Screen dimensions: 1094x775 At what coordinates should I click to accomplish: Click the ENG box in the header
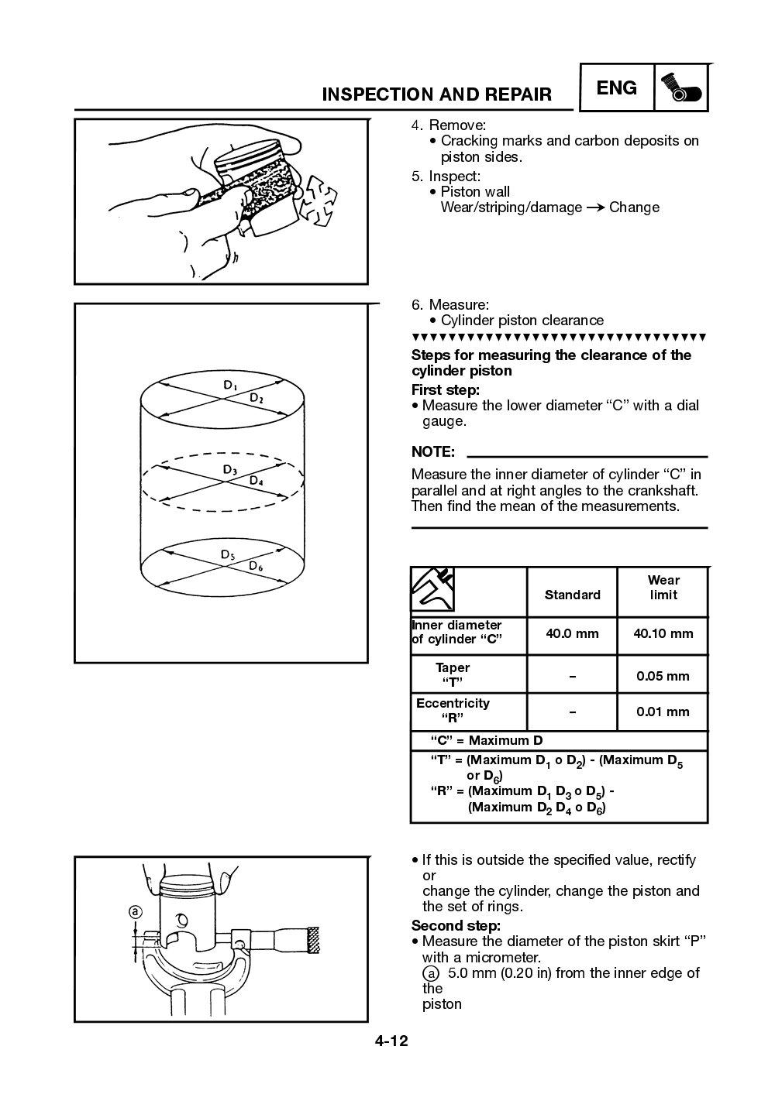pyautogui.click(x=616, y=88)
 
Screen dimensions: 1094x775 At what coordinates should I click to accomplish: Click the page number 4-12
pyautogui.click(x=391, y=1041)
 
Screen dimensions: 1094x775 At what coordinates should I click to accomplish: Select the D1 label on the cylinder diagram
pyautogui.click(x=231, y=385)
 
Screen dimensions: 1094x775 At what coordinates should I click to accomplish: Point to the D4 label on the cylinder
pyautogui.click(x=257, y=481)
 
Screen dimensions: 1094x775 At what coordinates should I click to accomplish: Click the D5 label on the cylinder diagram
pyautogui.click(x=229, y=554)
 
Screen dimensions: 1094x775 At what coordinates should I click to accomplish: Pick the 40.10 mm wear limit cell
pyautogui.click(x=663, y=633)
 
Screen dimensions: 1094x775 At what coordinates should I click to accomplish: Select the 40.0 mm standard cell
pyautogui.click(x=572, y=633)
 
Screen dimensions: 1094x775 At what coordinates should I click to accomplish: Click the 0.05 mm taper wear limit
pyautogui.click(x=663, y=676)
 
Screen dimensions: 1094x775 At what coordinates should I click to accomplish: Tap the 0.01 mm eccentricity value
pyautogui.click(x=663, y=712)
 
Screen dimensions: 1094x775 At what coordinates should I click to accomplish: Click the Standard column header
pyautogui.click(x=572, y=595)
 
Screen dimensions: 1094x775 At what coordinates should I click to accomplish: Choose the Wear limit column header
pyautogui.click(x=663, y=588)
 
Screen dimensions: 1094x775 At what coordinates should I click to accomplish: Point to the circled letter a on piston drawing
pyautogui.click(x=135, y=912)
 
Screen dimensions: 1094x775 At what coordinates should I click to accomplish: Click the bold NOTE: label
pyautogui.click(x=432, y=451)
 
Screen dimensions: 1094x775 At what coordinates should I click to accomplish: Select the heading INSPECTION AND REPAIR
pyautogui.click(x=436, y=94)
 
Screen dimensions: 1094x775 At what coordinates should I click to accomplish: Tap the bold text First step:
pyautogui.click(x=445, y=389)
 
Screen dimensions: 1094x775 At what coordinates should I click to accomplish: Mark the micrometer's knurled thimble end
pyautogui.click(x=313, y=940)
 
